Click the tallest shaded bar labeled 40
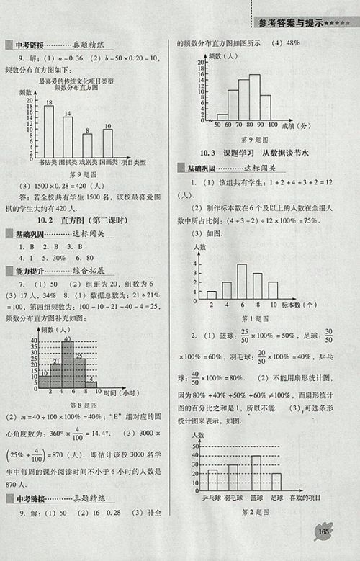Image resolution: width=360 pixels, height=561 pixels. pyautogui.click(x=67, y=364)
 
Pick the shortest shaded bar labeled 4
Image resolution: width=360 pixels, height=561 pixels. pyautogui.click(x=91, y=383)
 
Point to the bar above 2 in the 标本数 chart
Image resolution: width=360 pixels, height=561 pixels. pyautogui.click(x=212, y=294)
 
